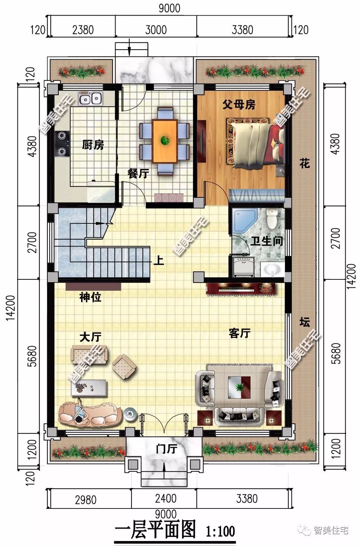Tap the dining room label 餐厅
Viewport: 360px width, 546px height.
coord(138,174)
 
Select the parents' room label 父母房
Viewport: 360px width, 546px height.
coord(239,105)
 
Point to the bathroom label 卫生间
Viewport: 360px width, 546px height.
coord(267,241)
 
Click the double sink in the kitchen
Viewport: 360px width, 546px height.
coord(91,99)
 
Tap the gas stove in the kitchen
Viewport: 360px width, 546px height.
coord(63,143)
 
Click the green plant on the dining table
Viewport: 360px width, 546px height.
coord(165,140)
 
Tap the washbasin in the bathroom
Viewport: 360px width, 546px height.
coord(272,270)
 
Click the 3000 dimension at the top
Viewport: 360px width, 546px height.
coord(156,30)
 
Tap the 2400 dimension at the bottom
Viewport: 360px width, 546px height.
coord(166,498)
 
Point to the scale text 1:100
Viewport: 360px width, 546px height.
coord(221,531)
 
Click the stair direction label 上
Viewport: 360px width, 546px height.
coord(159,260)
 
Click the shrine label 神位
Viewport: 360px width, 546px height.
coord(90,297)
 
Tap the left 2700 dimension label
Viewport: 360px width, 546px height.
coord(32,242)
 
